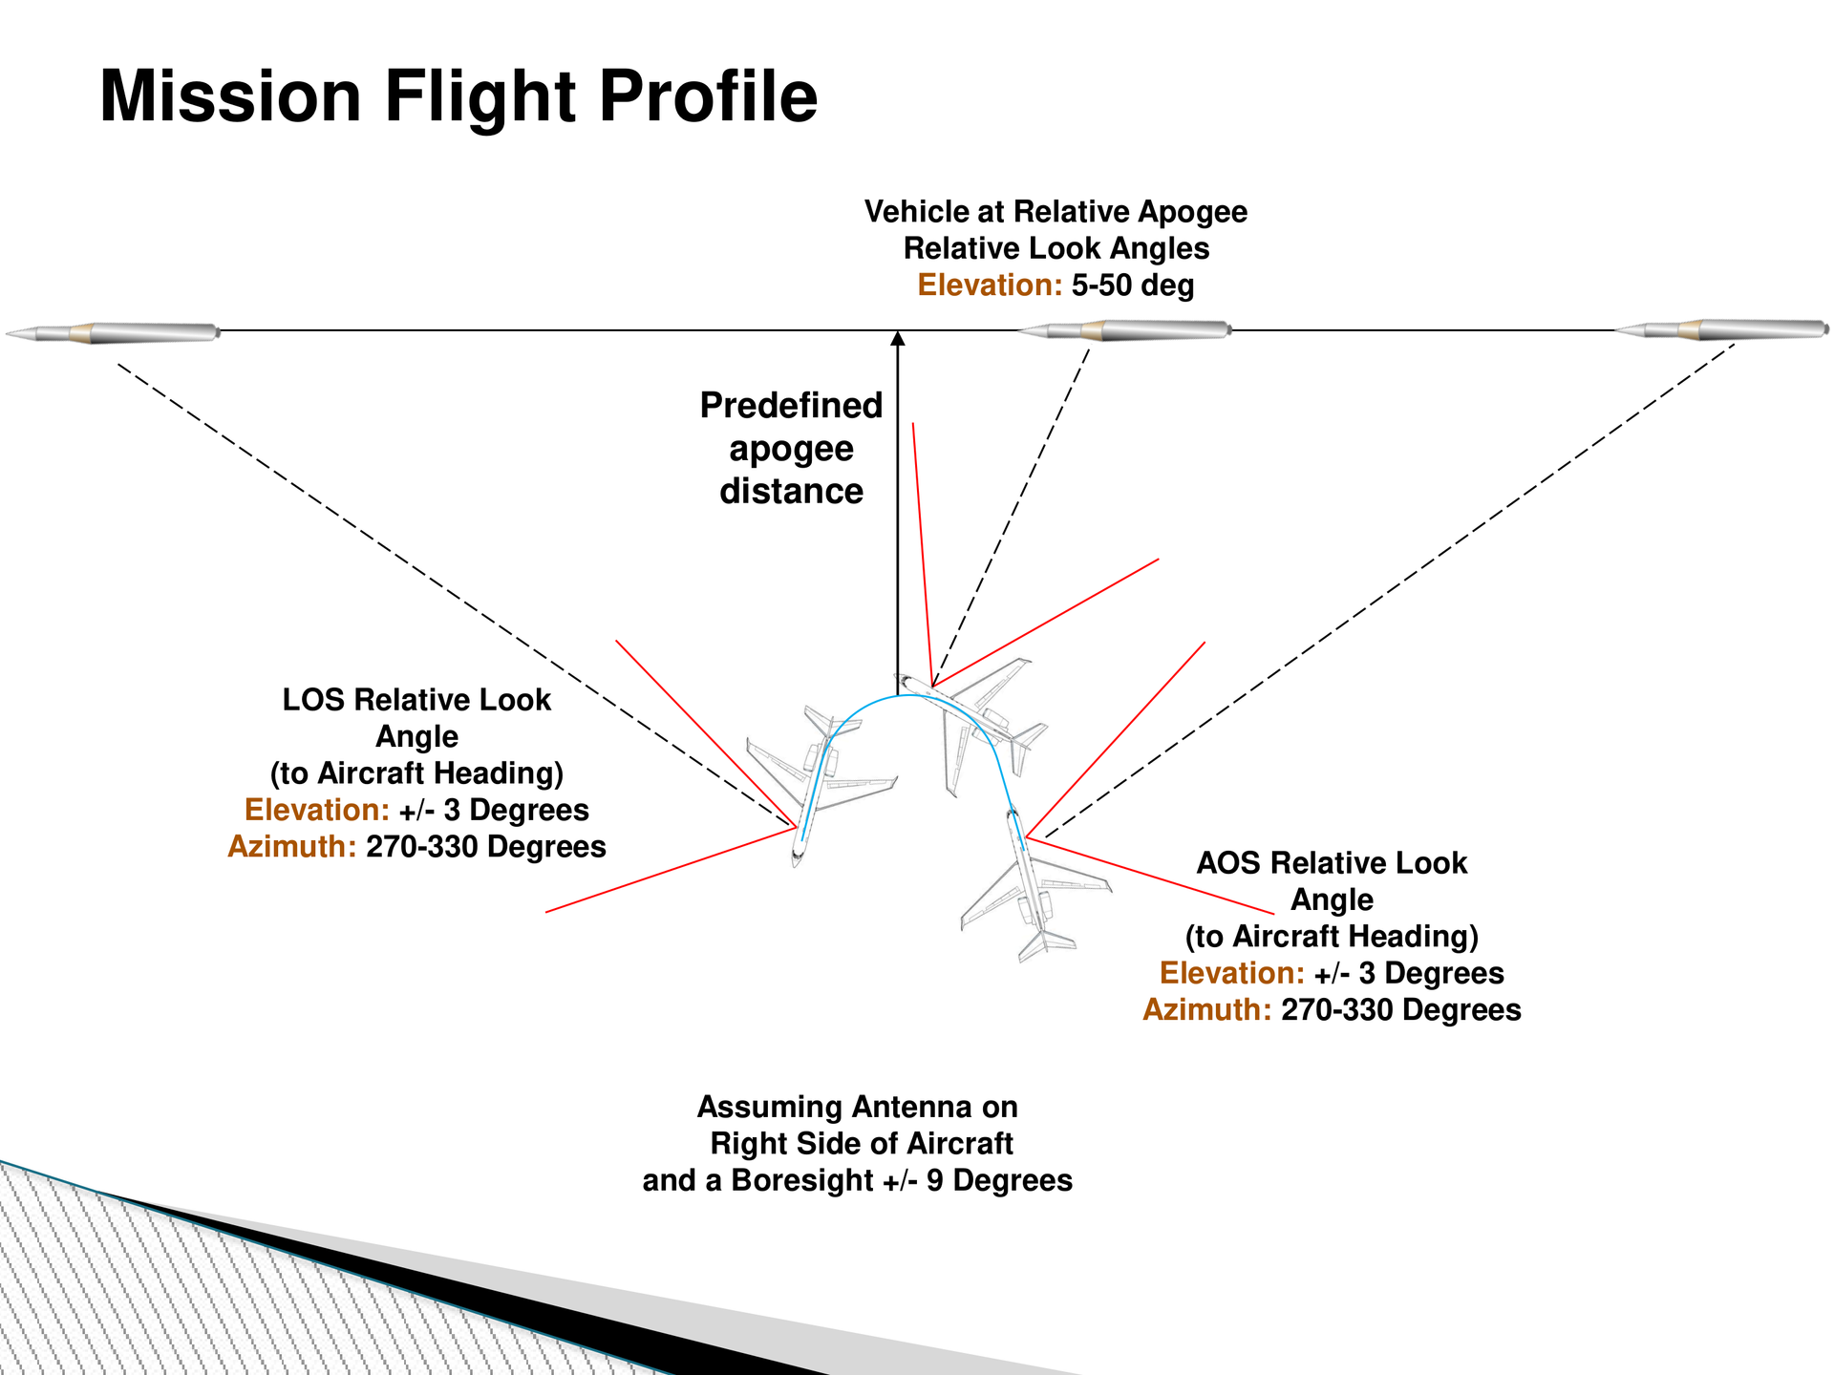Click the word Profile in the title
point(709,96)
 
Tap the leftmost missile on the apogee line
point(113,333)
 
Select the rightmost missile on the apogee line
point(1722,330)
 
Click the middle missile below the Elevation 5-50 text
point(1123,330)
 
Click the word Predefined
point(791,406)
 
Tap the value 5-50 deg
point(1133,286)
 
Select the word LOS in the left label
point(313,700)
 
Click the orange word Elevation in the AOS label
point(1232,974)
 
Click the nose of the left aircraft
point(797,863)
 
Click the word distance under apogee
point(791,492)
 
